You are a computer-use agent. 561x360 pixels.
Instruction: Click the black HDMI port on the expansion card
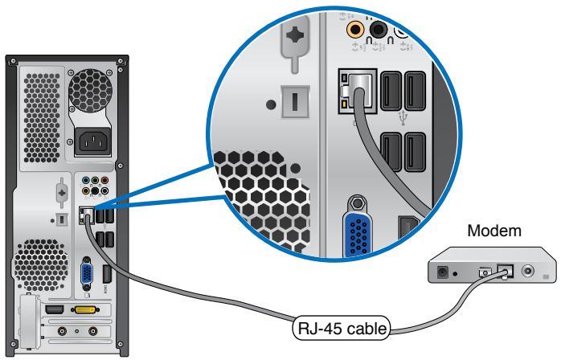(x=55, y=309)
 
